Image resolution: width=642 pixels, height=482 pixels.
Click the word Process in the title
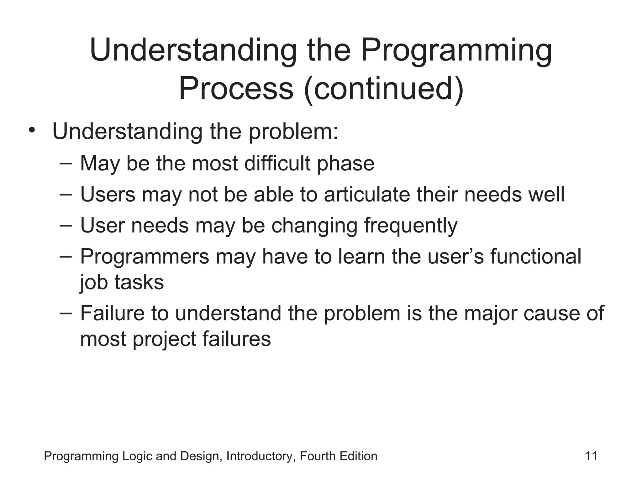[236, 89]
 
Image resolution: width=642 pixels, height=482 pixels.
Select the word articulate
[367, 194]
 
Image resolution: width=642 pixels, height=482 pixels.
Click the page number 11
[591, 456]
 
